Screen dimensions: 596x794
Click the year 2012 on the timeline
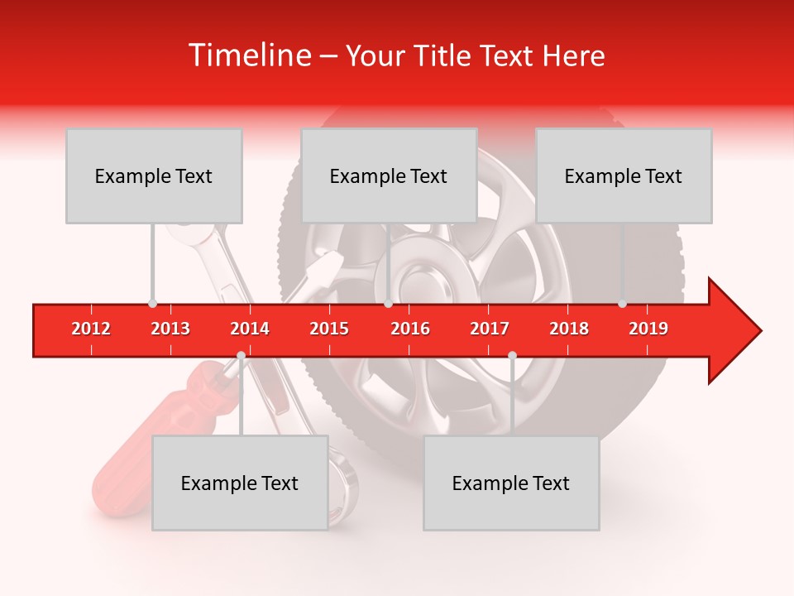coord(91,329)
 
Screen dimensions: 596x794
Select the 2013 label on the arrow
coord(170,329)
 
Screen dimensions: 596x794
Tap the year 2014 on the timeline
coord(250,329)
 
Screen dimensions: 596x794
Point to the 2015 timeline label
coord(329,329)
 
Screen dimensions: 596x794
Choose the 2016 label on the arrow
coord(410,329)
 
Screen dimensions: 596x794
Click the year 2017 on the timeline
coord(490,329)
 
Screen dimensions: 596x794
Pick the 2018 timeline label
coord(569,329)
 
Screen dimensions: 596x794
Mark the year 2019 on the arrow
coord(648,329)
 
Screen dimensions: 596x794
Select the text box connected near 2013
coord(154,175)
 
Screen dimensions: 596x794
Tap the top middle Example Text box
coord(389,175)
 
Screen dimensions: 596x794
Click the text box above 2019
coord(624,175)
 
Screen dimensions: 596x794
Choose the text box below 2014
coord(240,483)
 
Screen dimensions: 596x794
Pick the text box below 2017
coord(511,483)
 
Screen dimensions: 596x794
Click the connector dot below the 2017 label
coord(512,355)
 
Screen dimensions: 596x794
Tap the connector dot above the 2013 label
coord(152,304)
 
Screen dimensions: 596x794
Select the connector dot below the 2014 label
coord(241,355)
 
